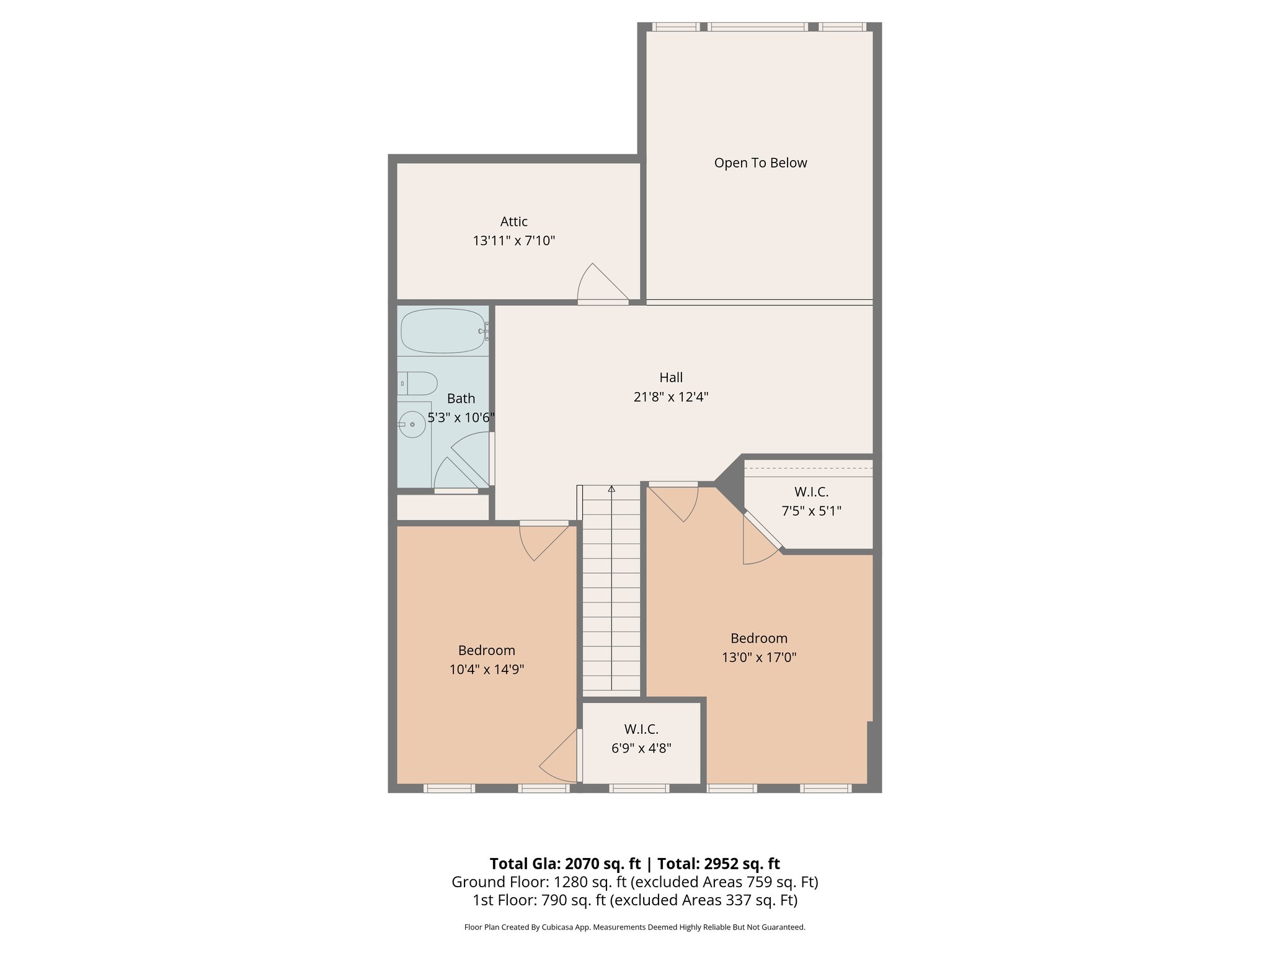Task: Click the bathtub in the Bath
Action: point(443,331)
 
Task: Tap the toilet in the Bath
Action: point(418,383)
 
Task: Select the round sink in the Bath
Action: point(411,424)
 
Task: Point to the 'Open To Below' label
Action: point(760,163)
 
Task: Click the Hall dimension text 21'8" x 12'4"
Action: point(671,397)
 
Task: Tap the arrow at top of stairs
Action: point(611,489)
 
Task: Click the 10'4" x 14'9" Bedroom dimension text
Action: point(487,669)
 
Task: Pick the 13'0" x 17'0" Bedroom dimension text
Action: point(758,657)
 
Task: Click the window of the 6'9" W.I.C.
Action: point(639,789)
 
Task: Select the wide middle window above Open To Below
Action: point(758,27)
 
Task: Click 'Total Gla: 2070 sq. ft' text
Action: point(564,864)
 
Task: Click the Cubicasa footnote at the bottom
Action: point(634,928)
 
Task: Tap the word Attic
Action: point(513,221)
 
